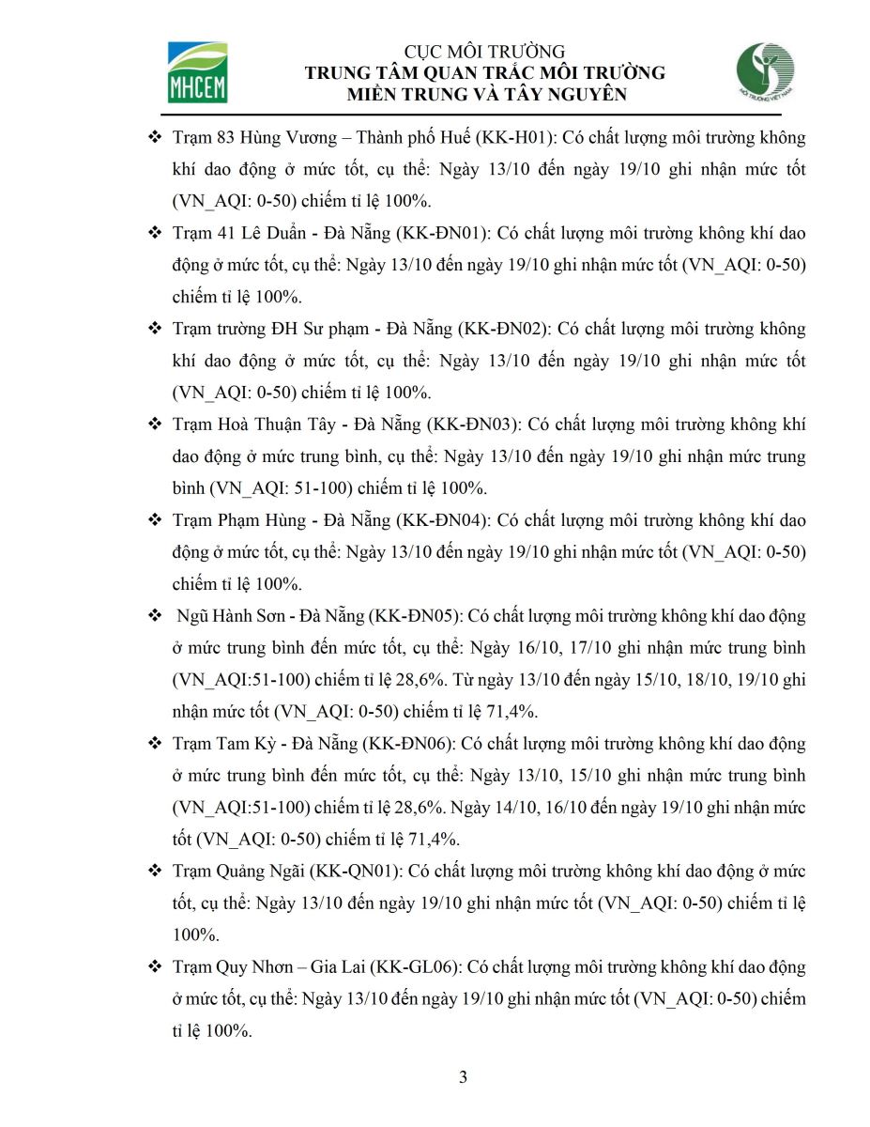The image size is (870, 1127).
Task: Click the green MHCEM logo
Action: point(197,71)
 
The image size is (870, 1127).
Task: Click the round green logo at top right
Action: point(766,72)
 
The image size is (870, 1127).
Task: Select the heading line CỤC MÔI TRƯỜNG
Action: point(485,52)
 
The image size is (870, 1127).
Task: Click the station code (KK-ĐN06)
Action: point(406,744)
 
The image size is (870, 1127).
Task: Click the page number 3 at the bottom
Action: point(463,1077)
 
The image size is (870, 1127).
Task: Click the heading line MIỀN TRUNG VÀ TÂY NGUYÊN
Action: point(485,94)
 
